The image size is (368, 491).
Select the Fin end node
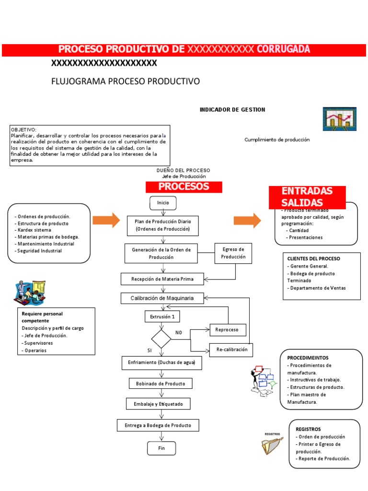click(161, 448)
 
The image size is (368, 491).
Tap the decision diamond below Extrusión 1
click(161, 339)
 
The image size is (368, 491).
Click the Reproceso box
click(228, 330)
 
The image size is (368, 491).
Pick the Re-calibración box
click(231, 350)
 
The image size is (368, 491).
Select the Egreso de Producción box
click(233, 253)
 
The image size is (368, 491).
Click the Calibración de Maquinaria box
click(162, 298)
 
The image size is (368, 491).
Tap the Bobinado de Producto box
click(161, 384)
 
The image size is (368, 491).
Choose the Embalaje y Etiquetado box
click(158, 404)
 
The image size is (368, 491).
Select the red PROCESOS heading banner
click(184, 187)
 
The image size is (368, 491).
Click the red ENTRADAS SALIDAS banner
click(307, 197)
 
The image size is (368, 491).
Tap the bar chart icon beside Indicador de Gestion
click(339, 119)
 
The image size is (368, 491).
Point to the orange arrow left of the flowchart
click(106, 220)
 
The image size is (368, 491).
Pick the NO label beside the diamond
click(179, 332)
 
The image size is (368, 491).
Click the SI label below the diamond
click(149, 351)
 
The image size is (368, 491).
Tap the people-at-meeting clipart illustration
click(30, 292)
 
